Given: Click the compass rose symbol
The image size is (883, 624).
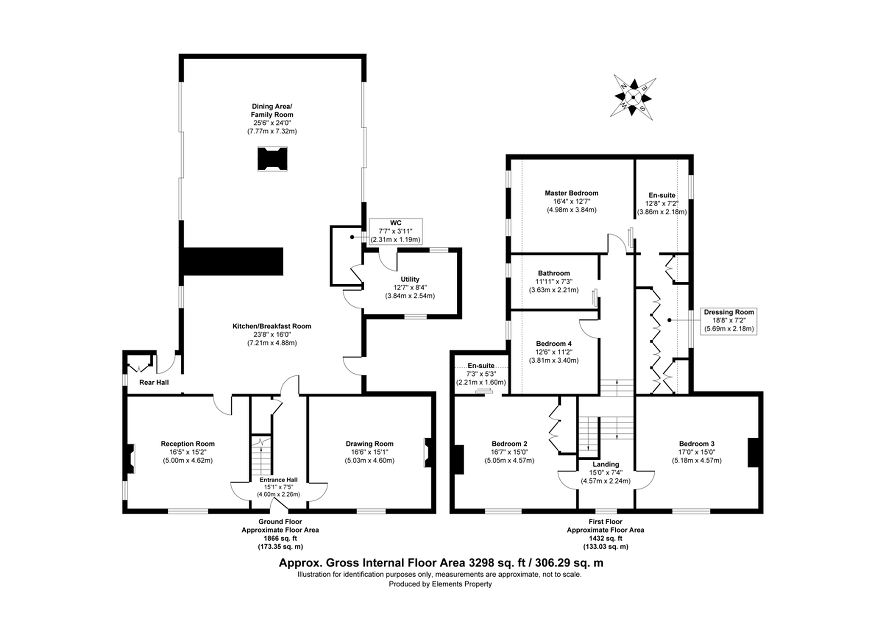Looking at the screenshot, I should pos(632,97).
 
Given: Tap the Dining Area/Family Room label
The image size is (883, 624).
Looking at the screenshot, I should pos(272,110).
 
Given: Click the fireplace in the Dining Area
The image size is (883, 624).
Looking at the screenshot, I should pos(272,159).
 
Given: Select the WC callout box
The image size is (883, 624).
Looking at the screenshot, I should pos(395,231).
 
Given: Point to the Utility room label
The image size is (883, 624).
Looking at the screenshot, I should pos(410,279).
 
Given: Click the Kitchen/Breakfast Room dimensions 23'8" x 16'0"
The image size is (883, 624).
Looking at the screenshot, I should pos(272,334).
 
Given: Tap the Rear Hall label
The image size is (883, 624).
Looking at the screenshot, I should pos(154,382).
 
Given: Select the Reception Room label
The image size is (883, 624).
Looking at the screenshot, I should pos(188,444).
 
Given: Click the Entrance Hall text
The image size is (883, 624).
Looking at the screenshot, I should pos(278,480).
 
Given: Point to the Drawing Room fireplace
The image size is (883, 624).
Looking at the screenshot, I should pos(428,453).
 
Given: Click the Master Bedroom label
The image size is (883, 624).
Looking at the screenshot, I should pos(571,193).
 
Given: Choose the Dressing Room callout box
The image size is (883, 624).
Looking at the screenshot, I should pos(728,320).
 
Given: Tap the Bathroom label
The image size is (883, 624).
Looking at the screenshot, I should pos(554,273).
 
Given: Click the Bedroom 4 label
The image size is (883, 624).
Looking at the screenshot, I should pos(554,344).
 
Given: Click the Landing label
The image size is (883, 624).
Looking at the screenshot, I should pos(606,464).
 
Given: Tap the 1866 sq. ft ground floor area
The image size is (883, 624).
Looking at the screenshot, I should pos(280,538).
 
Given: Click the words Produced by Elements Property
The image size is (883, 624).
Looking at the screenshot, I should pos(440,584).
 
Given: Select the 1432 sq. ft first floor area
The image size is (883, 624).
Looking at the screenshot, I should pos(605,538).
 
